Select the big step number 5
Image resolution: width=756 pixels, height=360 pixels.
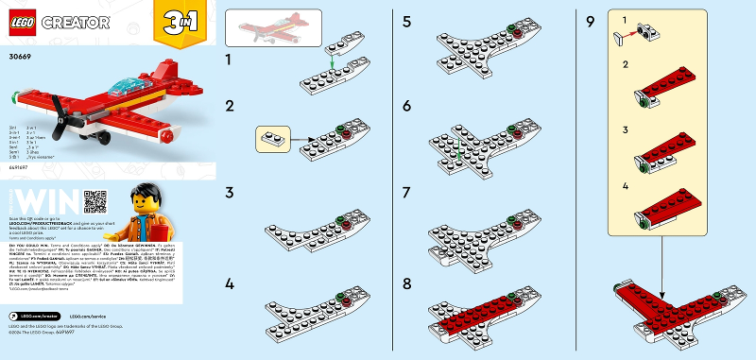pyautogui.click(x=407, y=18)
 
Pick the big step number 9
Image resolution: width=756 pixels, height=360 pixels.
pyautogui.click(x=590, y=18)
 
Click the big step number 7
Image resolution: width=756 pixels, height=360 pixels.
pyautogui.click(x=407, y=193)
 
